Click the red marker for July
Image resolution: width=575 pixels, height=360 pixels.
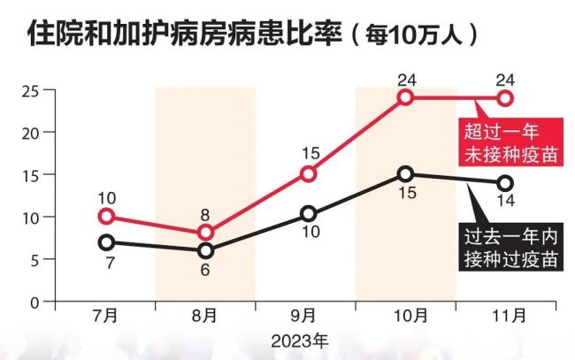click(x=106, y=217)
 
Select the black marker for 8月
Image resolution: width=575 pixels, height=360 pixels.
click(x=206, y=250)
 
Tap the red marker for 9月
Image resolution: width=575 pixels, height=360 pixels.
click(x=307, y=173)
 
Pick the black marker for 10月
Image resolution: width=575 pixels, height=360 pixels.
click(x=405, y=174)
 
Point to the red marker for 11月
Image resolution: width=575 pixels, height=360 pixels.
click(x=505, y=98)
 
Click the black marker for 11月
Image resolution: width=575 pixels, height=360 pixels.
click(x=505, y=183)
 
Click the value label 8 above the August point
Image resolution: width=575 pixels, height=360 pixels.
click(x=206, y=214)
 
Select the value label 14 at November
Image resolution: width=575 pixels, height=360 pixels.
click(x=505, y=202)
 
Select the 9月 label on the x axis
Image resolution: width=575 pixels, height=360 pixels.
click(x=306, y=316)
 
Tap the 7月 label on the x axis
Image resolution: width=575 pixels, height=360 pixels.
click(x=106, y=316)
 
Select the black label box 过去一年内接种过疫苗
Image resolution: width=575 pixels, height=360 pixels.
click(x=512, y=247)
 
